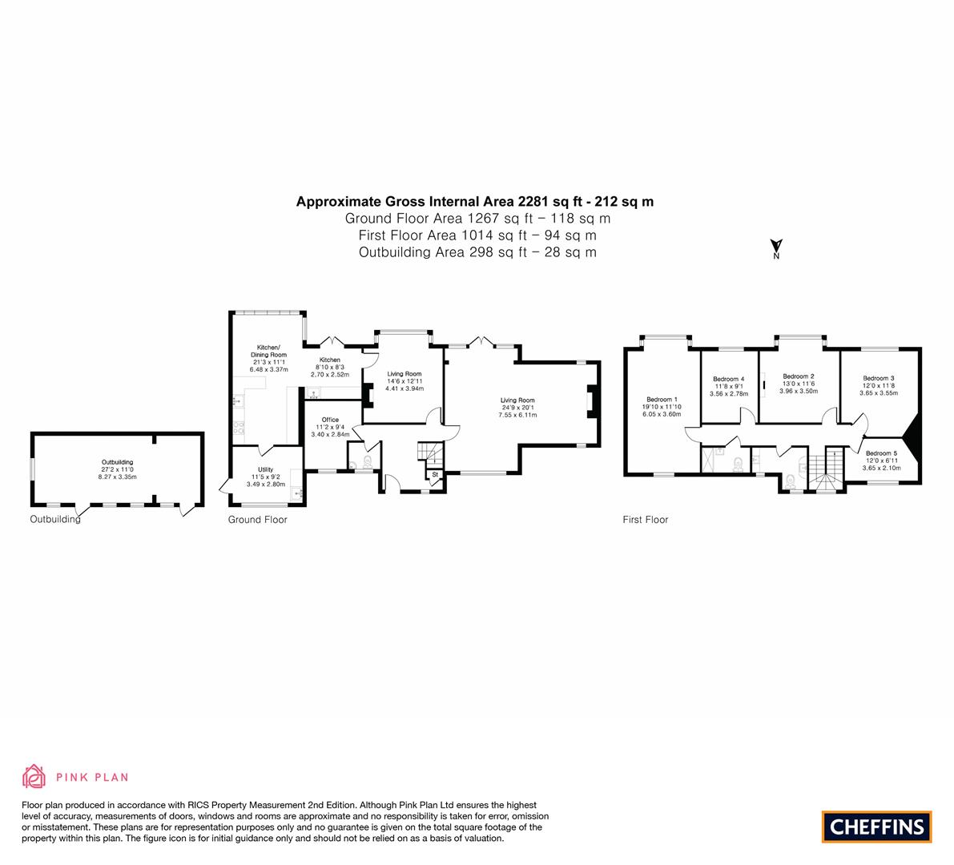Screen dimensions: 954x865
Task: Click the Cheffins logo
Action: click(876, 827)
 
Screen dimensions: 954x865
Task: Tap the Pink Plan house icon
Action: click(34, 777)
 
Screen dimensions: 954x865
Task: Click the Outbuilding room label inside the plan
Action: click(118, 462)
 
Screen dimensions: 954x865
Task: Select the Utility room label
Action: click(265, 469)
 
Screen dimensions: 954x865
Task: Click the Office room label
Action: click(330, 420)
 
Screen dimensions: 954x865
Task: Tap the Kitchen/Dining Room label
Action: click(268, 351)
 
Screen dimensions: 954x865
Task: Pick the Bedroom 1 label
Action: click(662, 400)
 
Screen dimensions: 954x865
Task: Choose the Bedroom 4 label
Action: click(729, 379)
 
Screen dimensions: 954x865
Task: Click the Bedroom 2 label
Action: click(799, 376)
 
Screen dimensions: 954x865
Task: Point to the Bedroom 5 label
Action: click(882, 453)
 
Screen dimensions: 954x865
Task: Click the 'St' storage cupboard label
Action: click(435, 474)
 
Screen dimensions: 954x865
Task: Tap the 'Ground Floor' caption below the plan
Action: click(257, 520)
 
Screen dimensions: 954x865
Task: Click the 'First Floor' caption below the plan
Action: click(646, 520)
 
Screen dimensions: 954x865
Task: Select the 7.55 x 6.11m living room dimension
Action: click(517, 415)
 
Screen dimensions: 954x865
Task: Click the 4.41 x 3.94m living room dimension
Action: click(405, 388)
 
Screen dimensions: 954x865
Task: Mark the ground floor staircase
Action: click(429, 454)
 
